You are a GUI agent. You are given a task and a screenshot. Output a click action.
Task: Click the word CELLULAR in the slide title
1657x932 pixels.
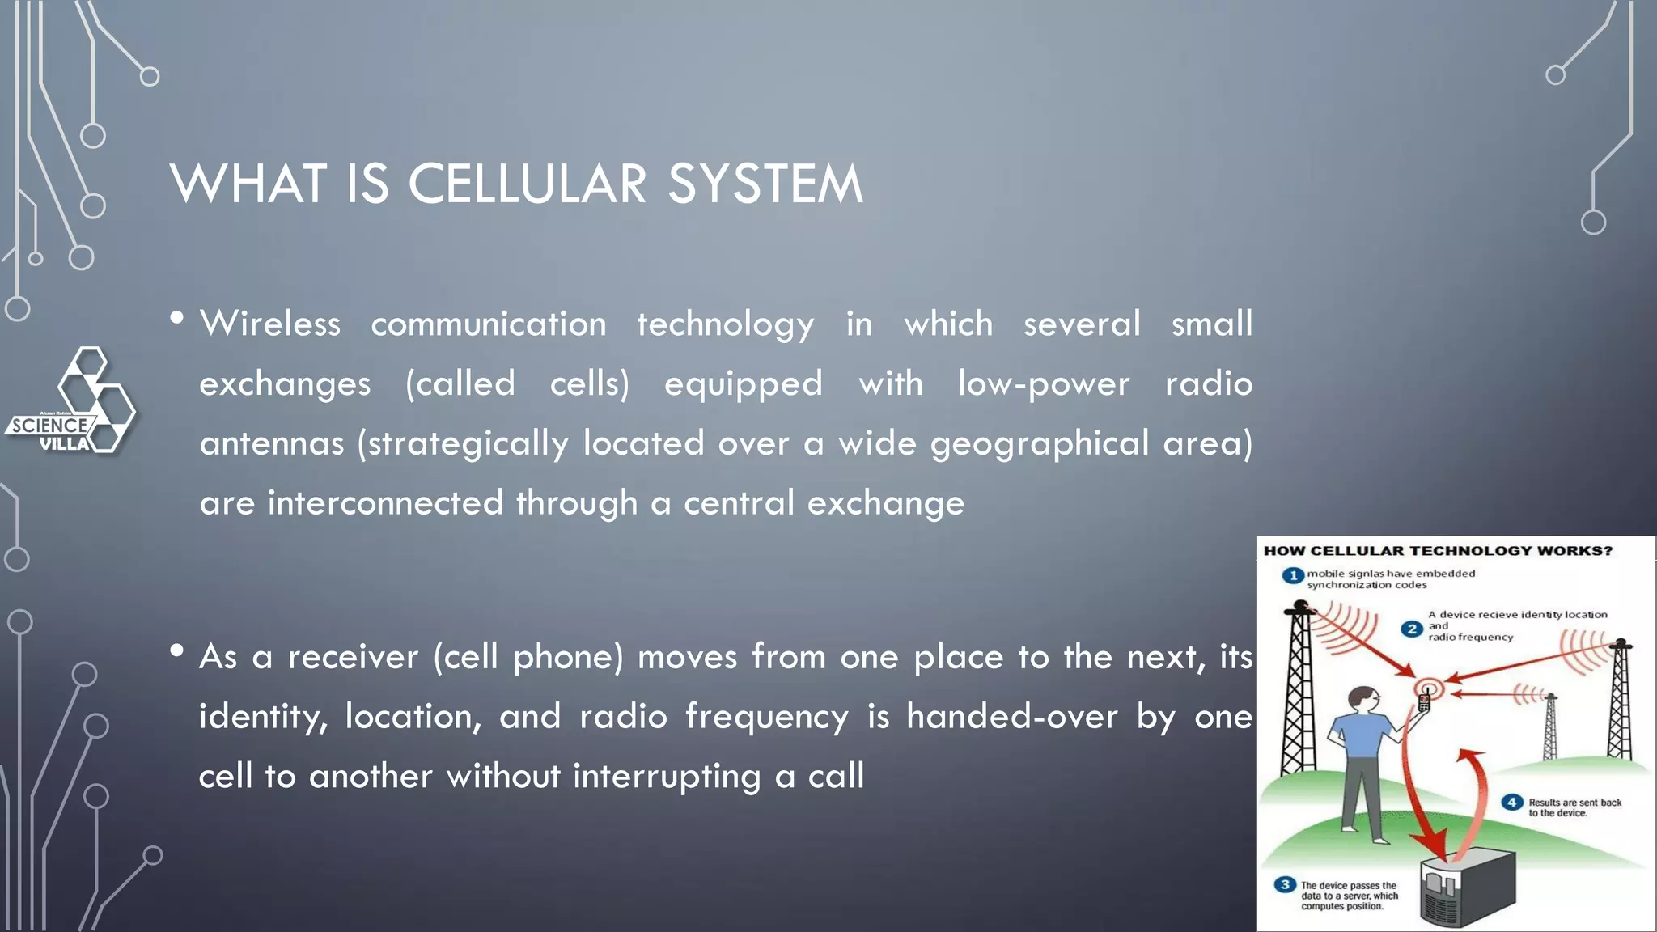(527, 184)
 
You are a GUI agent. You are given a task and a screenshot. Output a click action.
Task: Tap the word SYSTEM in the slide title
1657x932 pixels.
(765, 184)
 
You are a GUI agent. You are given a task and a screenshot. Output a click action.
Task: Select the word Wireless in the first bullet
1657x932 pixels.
(270, 324)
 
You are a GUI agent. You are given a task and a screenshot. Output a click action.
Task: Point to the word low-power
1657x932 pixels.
(1044, 383)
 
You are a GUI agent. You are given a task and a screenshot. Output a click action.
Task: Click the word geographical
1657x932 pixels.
(1040, 443)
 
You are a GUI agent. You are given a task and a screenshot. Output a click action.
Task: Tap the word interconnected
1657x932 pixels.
(386, 503)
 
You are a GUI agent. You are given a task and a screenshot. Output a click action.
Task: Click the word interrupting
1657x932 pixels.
(667, 776)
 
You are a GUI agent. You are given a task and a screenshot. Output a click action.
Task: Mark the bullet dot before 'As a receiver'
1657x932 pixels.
(177, 650)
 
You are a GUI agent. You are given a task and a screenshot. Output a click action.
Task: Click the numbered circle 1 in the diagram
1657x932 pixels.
(1292, 575)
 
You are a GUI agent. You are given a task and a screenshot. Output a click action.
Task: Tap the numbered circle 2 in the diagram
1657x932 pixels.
(1412, 629)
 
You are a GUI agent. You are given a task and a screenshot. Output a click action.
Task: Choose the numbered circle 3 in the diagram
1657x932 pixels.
(1284, 884)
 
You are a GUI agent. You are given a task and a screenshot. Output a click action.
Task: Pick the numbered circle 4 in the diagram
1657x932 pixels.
(1511, 802)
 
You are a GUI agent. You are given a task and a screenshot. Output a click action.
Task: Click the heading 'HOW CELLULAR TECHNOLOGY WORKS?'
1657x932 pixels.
(1438, 551)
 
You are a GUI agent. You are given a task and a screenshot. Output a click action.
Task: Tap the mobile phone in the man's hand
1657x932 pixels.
(1424, 701)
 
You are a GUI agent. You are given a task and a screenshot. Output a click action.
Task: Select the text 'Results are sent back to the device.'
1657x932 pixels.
(1574, 807)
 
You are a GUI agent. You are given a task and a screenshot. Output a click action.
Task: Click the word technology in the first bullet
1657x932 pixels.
(725, 324)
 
